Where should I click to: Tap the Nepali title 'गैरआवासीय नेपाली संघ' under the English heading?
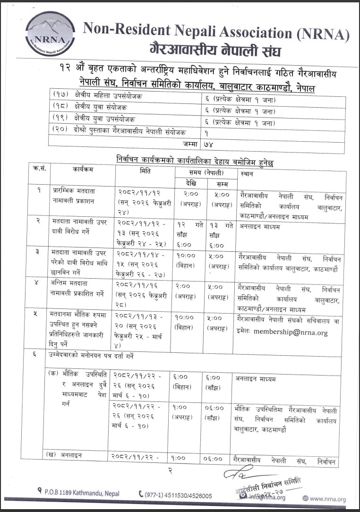coord(215,50)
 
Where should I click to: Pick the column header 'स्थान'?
coord(247,173)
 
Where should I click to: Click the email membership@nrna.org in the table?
coord(290,332)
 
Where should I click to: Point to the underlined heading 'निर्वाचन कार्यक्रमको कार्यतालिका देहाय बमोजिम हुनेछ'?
coord(195,160)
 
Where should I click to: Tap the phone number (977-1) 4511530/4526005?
coord(179,495)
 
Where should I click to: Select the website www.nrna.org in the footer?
coord(327,499)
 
